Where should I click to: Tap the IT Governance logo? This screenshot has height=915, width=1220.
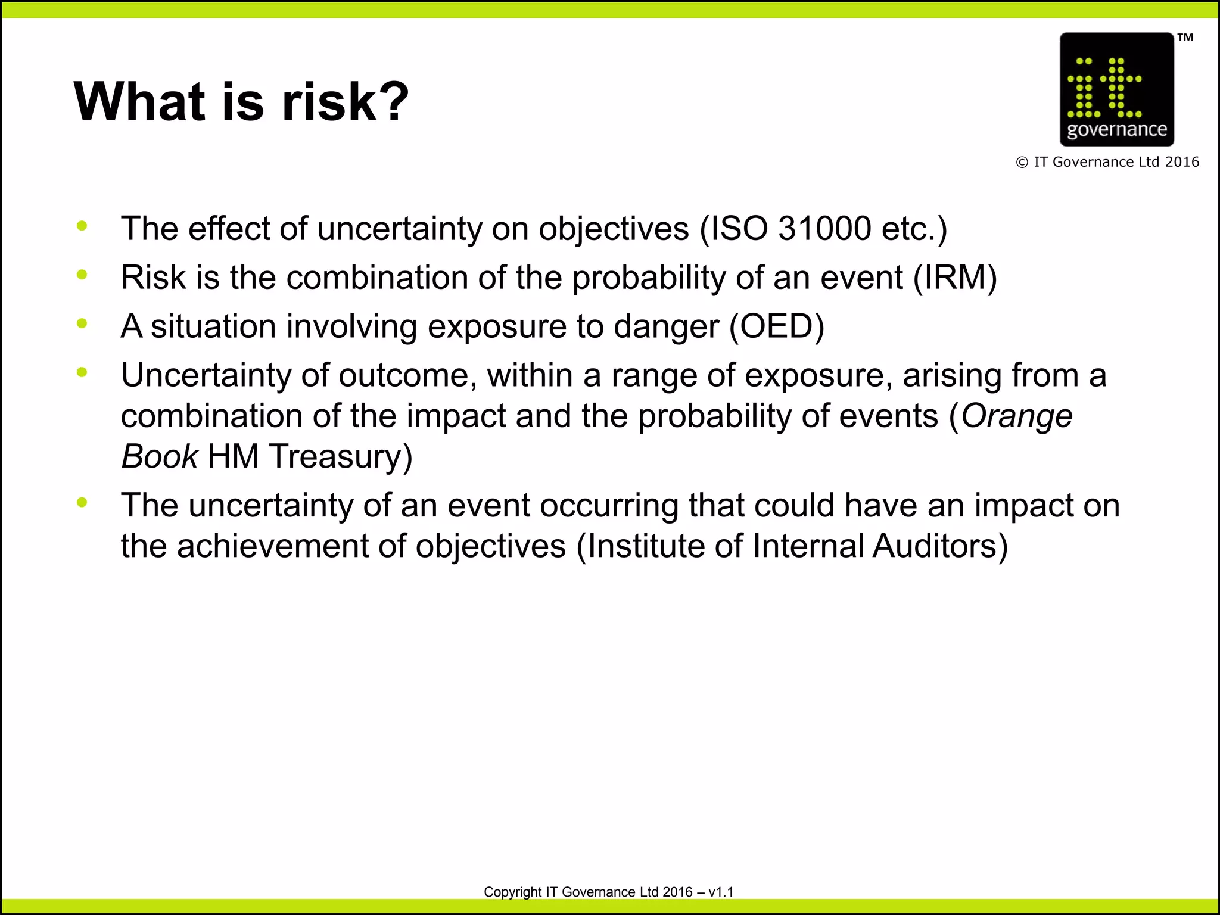1116,89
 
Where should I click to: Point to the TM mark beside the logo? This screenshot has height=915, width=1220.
1185,38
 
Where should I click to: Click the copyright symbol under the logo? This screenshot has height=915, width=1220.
1022,163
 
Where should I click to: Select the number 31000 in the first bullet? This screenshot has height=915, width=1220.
824,229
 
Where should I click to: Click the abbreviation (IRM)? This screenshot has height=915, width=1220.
955,278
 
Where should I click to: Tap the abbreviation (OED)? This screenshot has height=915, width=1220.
777,326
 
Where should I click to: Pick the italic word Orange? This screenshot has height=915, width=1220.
1017,416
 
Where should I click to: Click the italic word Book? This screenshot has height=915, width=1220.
159,456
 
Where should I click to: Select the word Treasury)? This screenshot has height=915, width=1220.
340,456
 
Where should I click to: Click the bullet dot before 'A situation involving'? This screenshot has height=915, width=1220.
82,323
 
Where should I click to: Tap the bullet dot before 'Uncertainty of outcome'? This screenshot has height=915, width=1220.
82,372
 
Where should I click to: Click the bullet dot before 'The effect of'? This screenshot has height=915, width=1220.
82,226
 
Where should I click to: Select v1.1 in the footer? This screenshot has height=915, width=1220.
721,892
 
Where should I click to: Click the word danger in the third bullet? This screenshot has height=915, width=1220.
666,326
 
